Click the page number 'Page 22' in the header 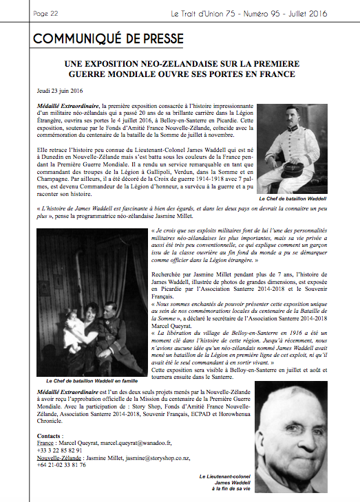pos(45,13)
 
